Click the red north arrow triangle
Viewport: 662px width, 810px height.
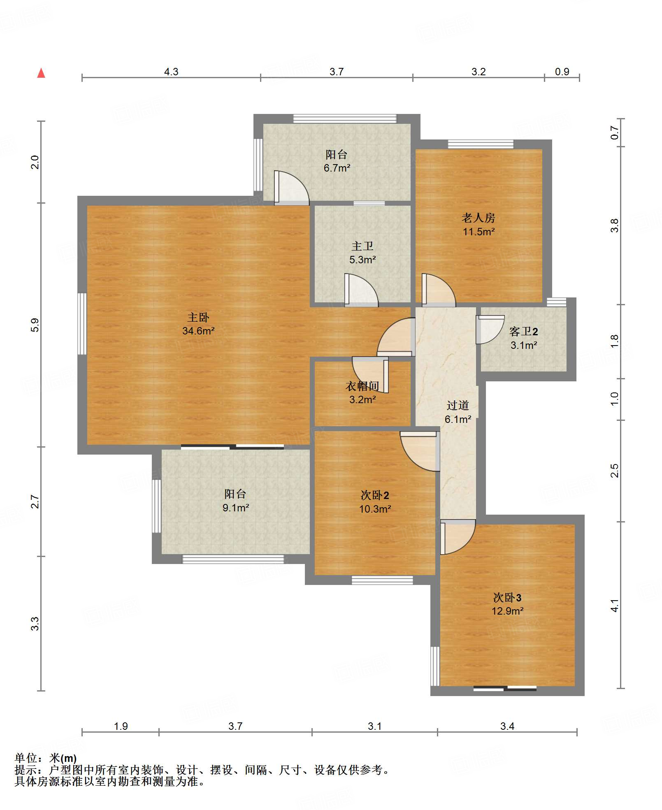pyautogui.click(x=41, y=73)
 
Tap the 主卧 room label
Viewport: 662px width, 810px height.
pyautogui.click(x=198, y=317)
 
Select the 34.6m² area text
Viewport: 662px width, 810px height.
pyautogui.click(x=198, y=331)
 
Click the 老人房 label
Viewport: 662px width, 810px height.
pyautogui.click(x=478, y=218)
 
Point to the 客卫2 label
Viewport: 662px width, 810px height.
pyautogui.click(x=523, y=332)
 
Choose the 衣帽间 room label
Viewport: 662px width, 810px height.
pyautogui.click(x=362, y=386)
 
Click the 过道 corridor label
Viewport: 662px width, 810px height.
pyautogui.click(x=458, y=406)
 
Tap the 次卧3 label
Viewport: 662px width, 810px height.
pyautogui.click(x=507, y=597)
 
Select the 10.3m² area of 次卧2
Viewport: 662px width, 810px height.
pyautogui.click(x=375, y=509)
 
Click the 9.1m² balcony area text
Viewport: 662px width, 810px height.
pyautogui.click(x=236, y=508)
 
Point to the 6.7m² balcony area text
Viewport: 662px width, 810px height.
pyautogui.click(x=337, y=168)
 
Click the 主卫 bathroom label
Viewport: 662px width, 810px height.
pyautogui.click(x=362, y=246)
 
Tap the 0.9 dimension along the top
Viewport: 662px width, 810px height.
pyautogui.click(x=562, y=72)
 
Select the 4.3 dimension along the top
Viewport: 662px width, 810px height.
pyautogui.click(x=171, y=72)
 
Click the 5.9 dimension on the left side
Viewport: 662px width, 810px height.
pyautogui.click(x=35, y=325)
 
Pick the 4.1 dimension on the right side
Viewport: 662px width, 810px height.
pyautogui.click(x=614, y=606)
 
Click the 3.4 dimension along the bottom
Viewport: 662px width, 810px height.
pyautogui.click(x=507, y=726)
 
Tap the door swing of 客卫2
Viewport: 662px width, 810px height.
pyautogui.click(x=490, y=330)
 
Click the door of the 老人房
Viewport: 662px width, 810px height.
pyautogui.click(x=439, y=290)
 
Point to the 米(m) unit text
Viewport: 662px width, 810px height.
pyautogui.click(x=63, y=758)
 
